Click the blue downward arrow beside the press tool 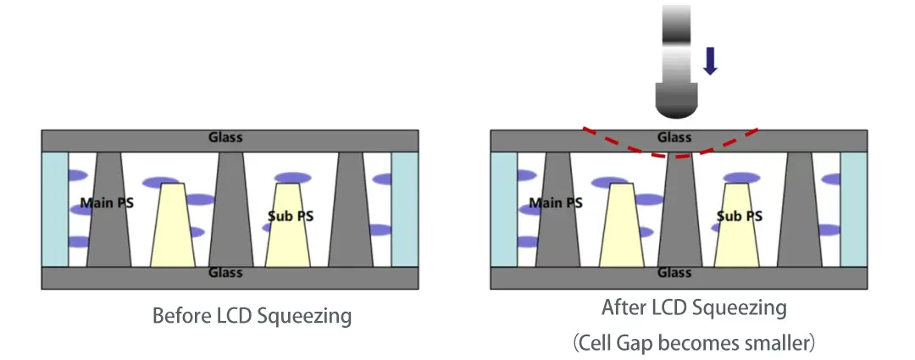point(710,61)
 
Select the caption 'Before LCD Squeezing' point(252,316)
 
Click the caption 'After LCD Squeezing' point(694,307)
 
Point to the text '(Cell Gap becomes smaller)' point(694,343)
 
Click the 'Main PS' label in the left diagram point(107,203)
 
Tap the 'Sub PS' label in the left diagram point(291,216)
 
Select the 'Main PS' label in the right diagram point(556,203)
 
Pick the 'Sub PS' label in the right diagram point(740,216)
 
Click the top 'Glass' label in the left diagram point(226,138)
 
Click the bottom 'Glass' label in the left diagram point(226,273)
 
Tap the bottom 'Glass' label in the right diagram point(674,273)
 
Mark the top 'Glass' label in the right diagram point(674,138)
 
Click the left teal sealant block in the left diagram point(55,209)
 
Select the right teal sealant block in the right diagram point(854,209)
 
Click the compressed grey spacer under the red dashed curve point(679,211)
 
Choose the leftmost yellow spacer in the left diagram point(173,225)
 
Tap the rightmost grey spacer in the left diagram point(350,209)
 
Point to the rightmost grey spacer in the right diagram point(800,209)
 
